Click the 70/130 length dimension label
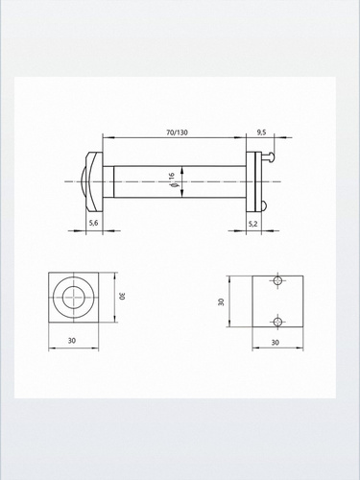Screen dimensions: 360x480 (x=177, y=132)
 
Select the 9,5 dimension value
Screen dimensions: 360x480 (x=261, y=132)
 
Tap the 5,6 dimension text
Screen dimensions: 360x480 (x=93, y=224)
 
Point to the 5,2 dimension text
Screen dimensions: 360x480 (x=252, y=224)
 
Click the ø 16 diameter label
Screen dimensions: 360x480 (x=172, y=180)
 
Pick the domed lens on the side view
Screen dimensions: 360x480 (x=83, y=181)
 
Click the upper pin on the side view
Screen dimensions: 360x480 (x=268, y=157)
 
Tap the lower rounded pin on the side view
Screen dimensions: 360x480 (x=264, y=205)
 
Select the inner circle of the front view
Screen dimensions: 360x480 (x=73, y=287)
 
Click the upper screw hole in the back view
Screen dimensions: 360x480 (x=277, y=280)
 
